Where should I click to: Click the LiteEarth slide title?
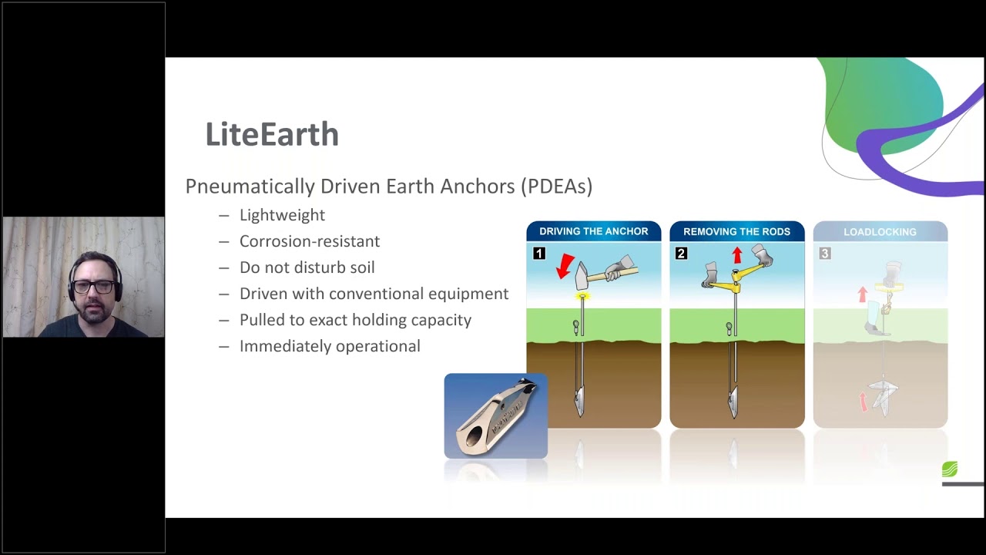click(272, 135)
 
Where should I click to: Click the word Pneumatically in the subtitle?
click(250, 187)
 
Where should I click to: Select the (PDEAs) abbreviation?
click(556, 187)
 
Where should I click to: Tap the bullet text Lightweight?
click(282, 215)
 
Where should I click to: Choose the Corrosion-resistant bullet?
click(310, 241)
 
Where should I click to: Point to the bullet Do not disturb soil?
click(307, 267)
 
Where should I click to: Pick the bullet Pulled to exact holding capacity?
click(355, 320)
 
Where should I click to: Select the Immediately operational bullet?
click(330, 346)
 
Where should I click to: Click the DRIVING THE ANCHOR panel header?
click(593, 231)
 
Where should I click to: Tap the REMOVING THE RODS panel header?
click(736, 231)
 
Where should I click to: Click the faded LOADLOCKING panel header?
click(880, 231)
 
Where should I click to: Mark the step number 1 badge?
click(538, 254)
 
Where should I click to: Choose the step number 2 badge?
click(681, 254)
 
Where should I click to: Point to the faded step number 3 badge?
click(824, 254)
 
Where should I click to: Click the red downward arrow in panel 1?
click(565, 266)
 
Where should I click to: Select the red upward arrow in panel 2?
click(737, 254)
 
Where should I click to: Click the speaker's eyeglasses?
click(93, 287)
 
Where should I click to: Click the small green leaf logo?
click(949, 469)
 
